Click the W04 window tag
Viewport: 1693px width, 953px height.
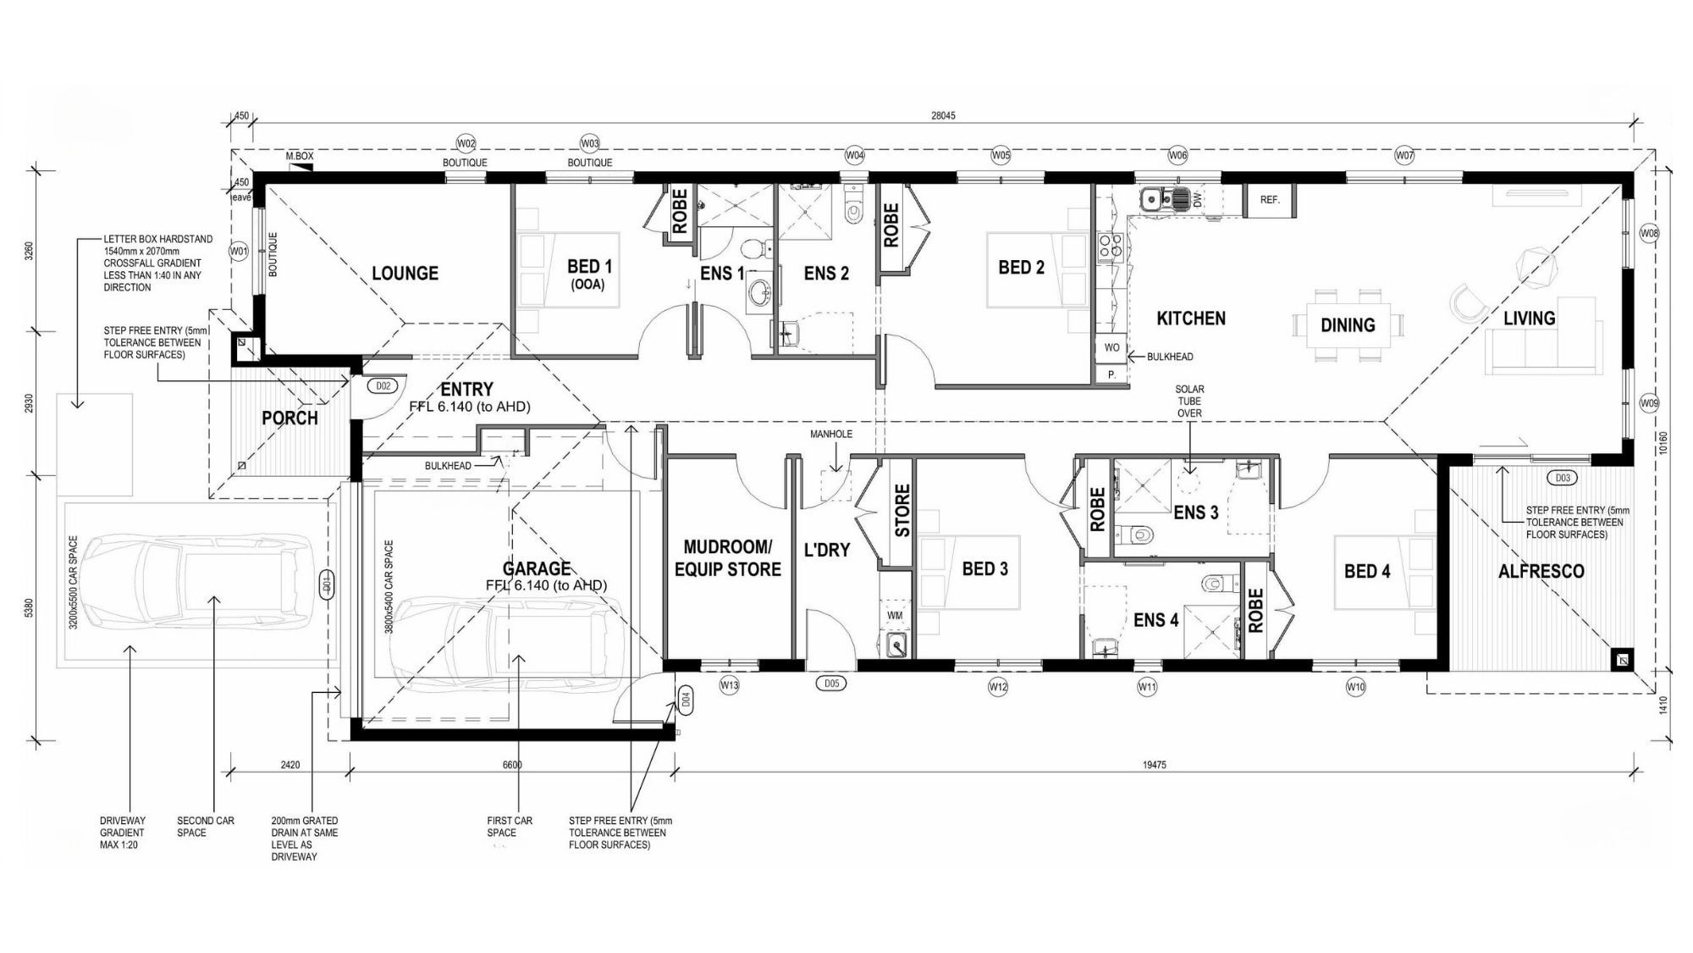[855, 155]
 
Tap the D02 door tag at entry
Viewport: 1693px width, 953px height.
[383, 386]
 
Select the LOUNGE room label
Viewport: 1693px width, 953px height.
[405, 273]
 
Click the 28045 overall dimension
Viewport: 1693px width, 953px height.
[942, 115]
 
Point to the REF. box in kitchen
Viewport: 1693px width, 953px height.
[1269, 200]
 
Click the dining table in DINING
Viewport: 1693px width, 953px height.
[1348, 325]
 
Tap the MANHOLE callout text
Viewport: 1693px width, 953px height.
[830, 434]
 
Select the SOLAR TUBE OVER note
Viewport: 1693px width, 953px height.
[1189, 401]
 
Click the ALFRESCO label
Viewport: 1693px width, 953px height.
[1541, 572]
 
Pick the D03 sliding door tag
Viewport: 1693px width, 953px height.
[1563, 478]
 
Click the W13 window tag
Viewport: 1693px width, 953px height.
[729, 685]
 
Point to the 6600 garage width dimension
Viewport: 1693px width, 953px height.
[512, 765]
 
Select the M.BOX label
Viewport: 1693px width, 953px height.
[300, 157]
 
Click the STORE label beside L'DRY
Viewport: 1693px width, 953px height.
[902, 510]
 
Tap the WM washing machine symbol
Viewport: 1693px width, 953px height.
[895, 616]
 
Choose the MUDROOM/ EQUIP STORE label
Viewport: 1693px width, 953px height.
[727, 558]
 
